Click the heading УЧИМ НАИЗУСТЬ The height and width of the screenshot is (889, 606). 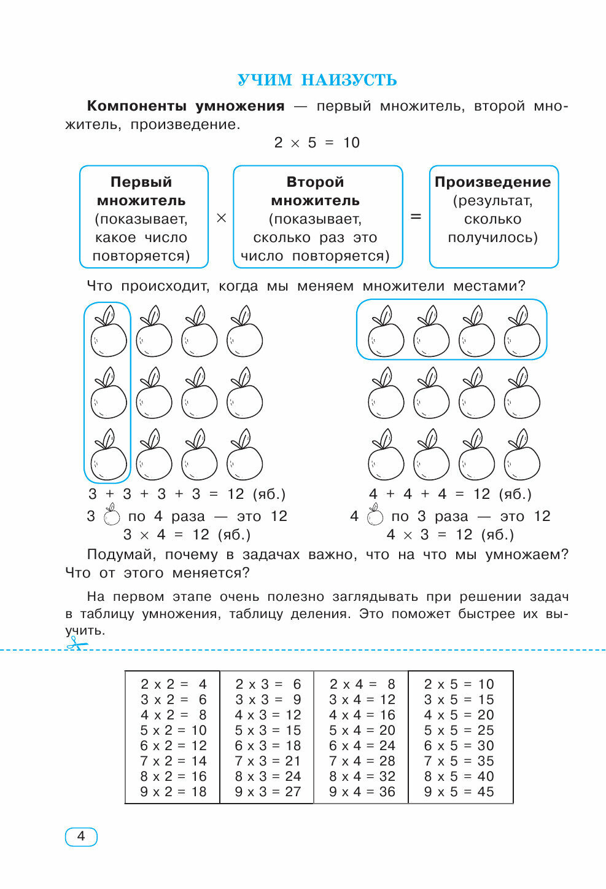(317, 80)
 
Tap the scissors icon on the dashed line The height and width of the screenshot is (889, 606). (76, 643)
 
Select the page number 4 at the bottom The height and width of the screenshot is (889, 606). (81, 836)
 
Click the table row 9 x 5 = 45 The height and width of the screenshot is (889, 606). (459, 791)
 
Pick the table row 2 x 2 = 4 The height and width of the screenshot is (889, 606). (173, 684)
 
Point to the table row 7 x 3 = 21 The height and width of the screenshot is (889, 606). (268, 761)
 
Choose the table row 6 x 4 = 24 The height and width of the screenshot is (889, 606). (362, 745)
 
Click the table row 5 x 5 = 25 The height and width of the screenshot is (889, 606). (459, 730)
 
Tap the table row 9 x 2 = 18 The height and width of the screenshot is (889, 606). (173, 791)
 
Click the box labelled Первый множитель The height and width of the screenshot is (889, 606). (144, 217)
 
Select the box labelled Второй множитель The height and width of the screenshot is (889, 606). (317, 217)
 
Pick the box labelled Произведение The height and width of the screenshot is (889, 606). (493, 217)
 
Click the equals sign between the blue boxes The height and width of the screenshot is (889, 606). (416, 217)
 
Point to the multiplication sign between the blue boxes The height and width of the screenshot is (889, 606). (222, 218)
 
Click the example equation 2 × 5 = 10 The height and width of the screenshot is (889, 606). (317, 143)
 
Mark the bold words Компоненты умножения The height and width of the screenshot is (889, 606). (185, 106)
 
